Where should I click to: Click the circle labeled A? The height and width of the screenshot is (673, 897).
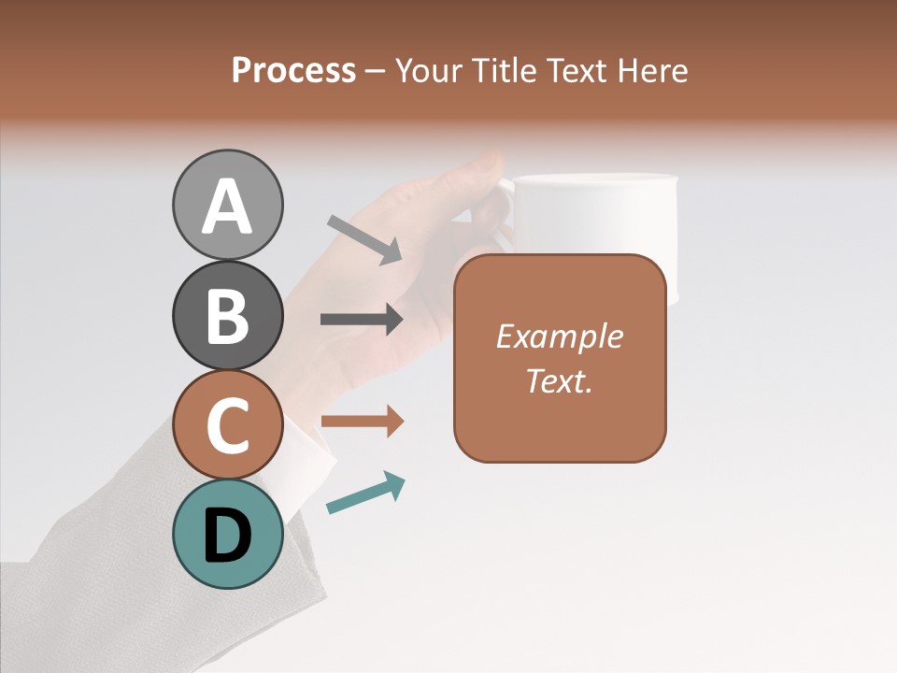(227, 206)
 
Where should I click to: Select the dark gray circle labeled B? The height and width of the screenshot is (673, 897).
(227, 316)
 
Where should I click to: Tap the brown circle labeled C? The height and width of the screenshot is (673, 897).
(227, 425)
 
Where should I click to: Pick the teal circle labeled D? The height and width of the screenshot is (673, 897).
(227, 535)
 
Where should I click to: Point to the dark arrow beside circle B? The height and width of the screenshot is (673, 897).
(362, 320)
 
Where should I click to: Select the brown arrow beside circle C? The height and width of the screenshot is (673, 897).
(362, 421)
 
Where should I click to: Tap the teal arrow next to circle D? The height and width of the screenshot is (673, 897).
(365, 494)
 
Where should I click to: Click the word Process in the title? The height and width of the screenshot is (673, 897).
(293, 70)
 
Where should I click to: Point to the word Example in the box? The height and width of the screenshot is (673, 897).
(559, 336)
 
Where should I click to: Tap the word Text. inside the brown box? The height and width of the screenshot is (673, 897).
(559, 380)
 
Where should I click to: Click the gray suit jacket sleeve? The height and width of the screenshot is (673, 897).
(140, 580)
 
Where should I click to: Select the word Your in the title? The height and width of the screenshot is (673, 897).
(427, 70)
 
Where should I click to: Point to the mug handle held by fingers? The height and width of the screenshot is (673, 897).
(505, 210)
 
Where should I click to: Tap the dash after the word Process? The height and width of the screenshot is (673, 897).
(376, 71)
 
